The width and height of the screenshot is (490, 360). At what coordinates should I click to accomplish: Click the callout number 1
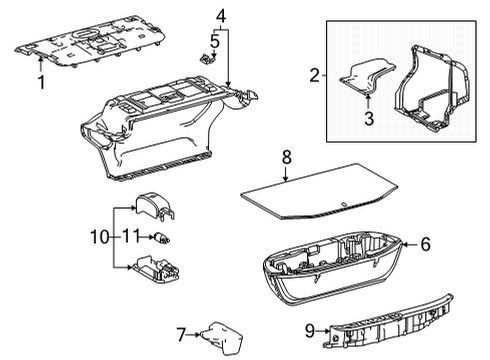pyautogui.click(x=41, y=80)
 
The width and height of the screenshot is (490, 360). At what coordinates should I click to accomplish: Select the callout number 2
pyautogui.click(x=314, y=75)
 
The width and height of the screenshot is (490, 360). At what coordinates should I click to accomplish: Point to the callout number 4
pyautogui.click(x=220, y=15)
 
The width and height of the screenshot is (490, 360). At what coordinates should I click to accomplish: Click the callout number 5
pyautogui.click(x=214, y=41)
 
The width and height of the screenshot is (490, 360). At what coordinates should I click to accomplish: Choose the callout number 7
pyautogui.click(x=181, y=333)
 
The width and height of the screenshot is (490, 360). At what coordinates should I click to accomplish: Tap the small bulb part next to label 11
pyautogui.click(x=159, y=237)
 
